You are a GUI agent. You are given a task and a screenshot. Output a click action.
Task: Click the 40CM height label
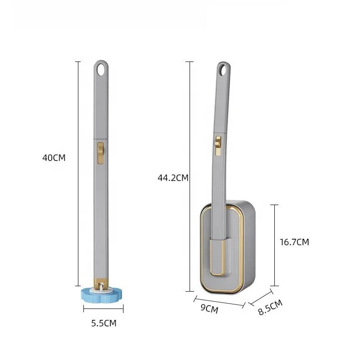click(54, 158)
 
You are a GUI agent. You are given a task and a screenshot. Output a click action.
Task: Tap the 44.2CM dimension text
click(173, 178)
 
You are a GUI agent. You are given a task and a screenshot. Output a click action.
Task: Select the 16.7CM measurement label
click(294, 242)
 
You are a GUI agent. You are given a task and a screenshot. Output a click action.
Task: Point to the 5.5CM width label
click(103, 323)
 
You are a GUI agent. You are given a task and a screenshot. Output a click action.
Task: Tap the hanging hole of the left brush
click(101, 69)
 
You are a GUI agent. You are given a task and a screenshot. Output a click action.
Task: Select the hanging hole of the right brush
click(223, 70)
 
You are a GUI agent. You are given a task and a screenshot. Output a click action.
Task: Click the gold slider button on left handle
click(101, 152)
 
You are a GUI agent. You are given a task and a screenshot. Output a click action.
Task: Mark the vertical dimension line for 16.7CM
click(274, 245)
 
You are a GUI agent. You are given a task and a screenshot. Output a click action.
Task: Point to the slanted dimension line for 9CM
click(220, 302)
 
